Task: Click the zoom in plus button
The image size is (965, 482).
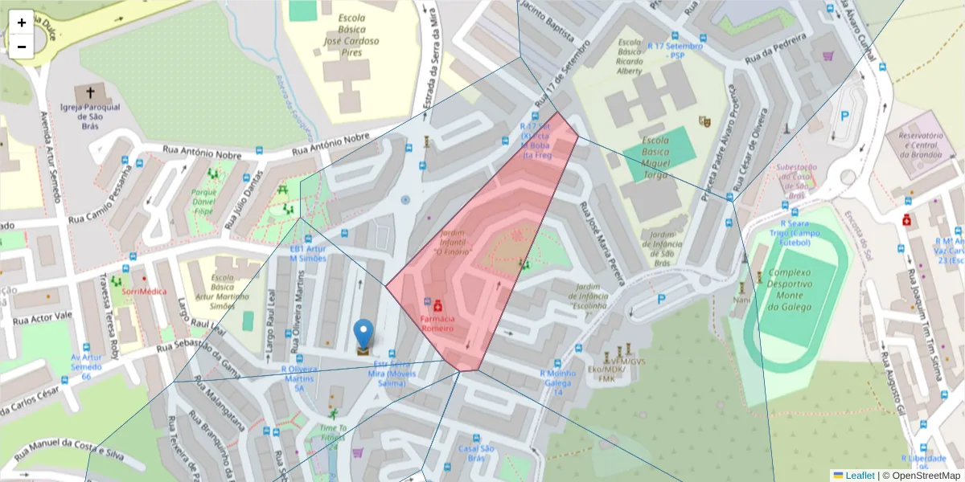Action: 22,22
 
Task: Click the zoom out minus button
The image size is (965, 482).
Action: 22,47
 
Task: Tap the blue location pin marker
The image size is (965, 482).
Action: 363,335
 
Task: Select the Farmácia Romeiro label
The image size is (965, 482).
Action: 438,323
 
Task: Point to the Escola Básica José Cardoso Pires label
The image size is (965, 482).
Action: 351,35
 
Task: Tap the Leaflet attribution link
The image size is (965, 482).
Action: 859,476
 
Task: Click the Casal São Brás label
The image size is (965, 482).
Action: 475,453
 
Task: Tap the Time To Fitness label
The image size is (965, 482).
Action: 333,433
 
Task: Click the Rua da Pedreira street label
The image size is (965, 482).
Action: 775,49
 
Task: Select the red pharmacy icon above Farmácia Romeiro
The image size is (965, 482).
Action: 437,306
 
